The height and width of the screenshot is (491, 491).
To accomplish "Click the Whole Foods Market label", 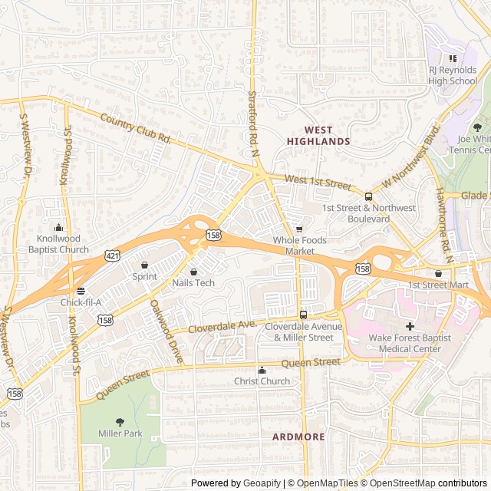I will [x=299, y=245].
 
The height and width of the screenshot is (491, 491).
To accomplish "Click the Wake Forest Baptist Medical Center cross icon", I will [x=410, y=326].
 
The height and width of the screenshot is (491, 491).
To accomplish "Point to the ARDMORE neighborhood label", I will [x=298, y=437].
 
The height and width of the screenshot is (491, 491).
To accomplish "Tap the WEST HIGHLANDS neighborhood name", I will [x=318, y=136].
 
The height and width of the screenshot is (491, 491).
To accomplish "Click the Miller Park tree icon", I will [x=120, y=421].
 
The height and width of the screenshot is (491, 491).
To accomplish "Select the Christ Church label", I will [x=262, y=381].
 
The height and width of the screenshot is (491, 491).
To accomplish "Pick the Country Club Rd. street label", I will [x=135, y=129].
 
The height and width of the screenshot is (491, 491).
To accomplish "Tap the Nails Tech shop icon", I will [x=193, y=272].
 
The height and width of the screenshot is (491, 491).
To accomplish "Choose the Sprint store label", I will [x=144, y=276].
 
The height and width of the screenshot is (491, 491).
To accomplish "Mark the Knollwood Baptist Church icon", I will [x=59, y=227].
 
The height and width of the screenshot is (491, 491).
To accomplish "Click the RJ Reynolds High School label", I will [x=453, y=75].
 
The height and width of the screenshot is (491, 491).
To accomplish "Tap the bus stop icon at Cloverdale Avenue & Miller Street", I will [x=303, y=315].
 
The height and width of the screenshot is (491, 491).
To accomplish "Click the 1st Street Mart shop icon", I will [x=438, y=273].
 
